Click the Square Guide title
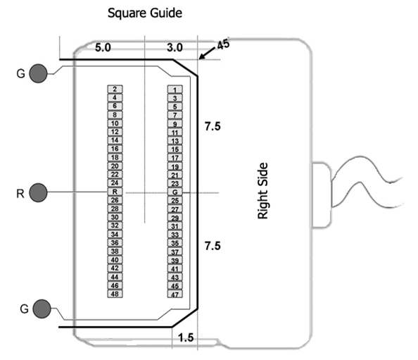click(145, 13)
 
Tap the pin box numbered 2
click(115, 89)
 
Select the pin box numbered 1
click(175, 89)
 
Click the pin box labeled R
click(115, 192)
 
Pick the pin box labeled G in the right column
click(175, 192)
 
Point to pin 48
click(115, 294)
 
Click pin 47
click(175, 294)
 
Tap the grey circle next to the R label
click(38, 192)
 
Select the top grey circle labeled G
click(38, 73)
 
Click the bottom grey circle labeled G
click(42, 309)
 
